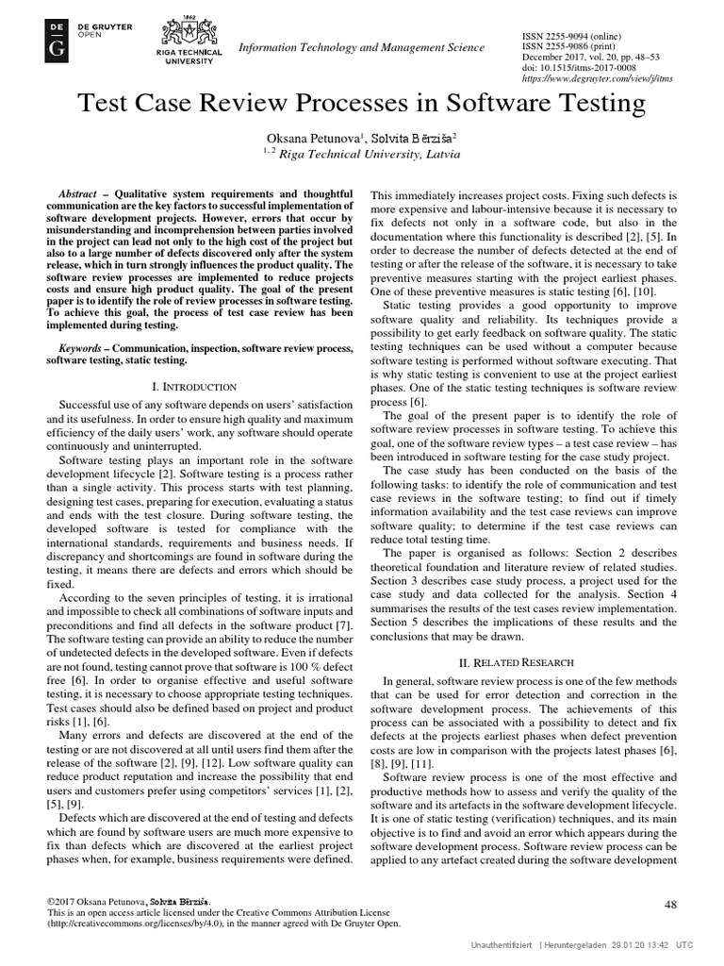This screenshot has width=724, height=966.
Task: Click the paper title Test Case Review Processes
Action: pyautogui.click(x=361, y=104)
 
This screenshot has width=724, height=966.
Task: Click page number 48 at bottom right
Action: pyautogui.click(x=670, y=905)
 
